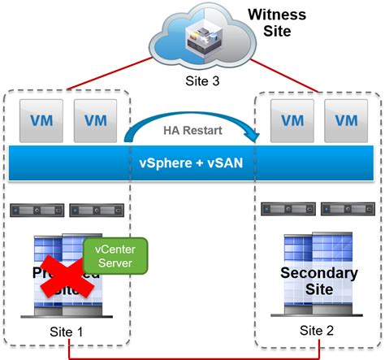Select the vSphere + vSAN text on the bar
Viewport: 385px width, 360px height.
pyautogui.click(x=192, y=164)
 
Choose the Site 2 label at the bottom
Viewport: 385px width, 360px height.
pyautogui.click(x=318, y=330)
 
